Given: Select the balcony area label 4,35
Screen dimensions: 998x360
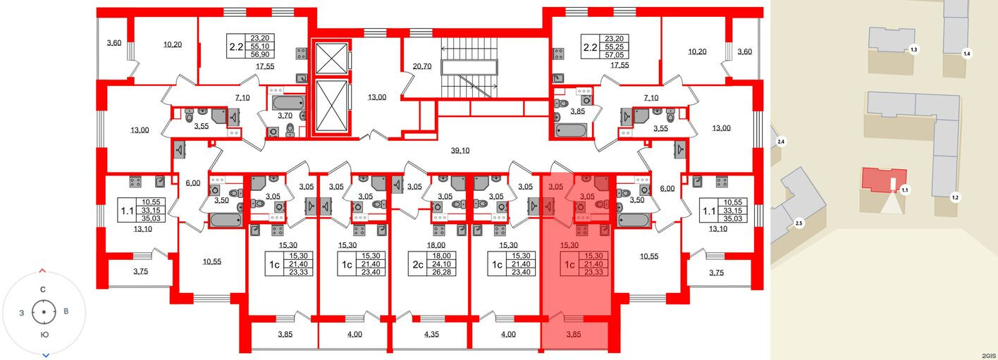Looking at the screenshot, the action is click(x=432, y=334).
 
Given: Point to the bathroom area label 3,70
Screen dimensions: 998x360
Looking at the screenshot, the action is click(x=285, y=116).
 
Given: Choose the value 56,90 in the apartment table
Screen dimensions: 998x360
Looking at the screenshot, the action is click(x=262, y=54).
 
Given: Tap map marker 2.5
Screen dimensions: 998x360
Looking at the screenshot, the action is click(x=799, y=223).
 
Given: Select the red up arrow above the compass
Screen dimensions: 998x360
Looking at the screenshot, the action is click(x=43, y=271).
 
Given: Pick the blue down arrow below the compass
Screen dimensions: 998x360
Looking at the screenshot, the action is click(x=45, y=355).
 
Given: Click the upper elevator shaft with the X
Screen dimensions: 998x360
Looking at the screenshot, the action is click(x=331, y=58).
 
